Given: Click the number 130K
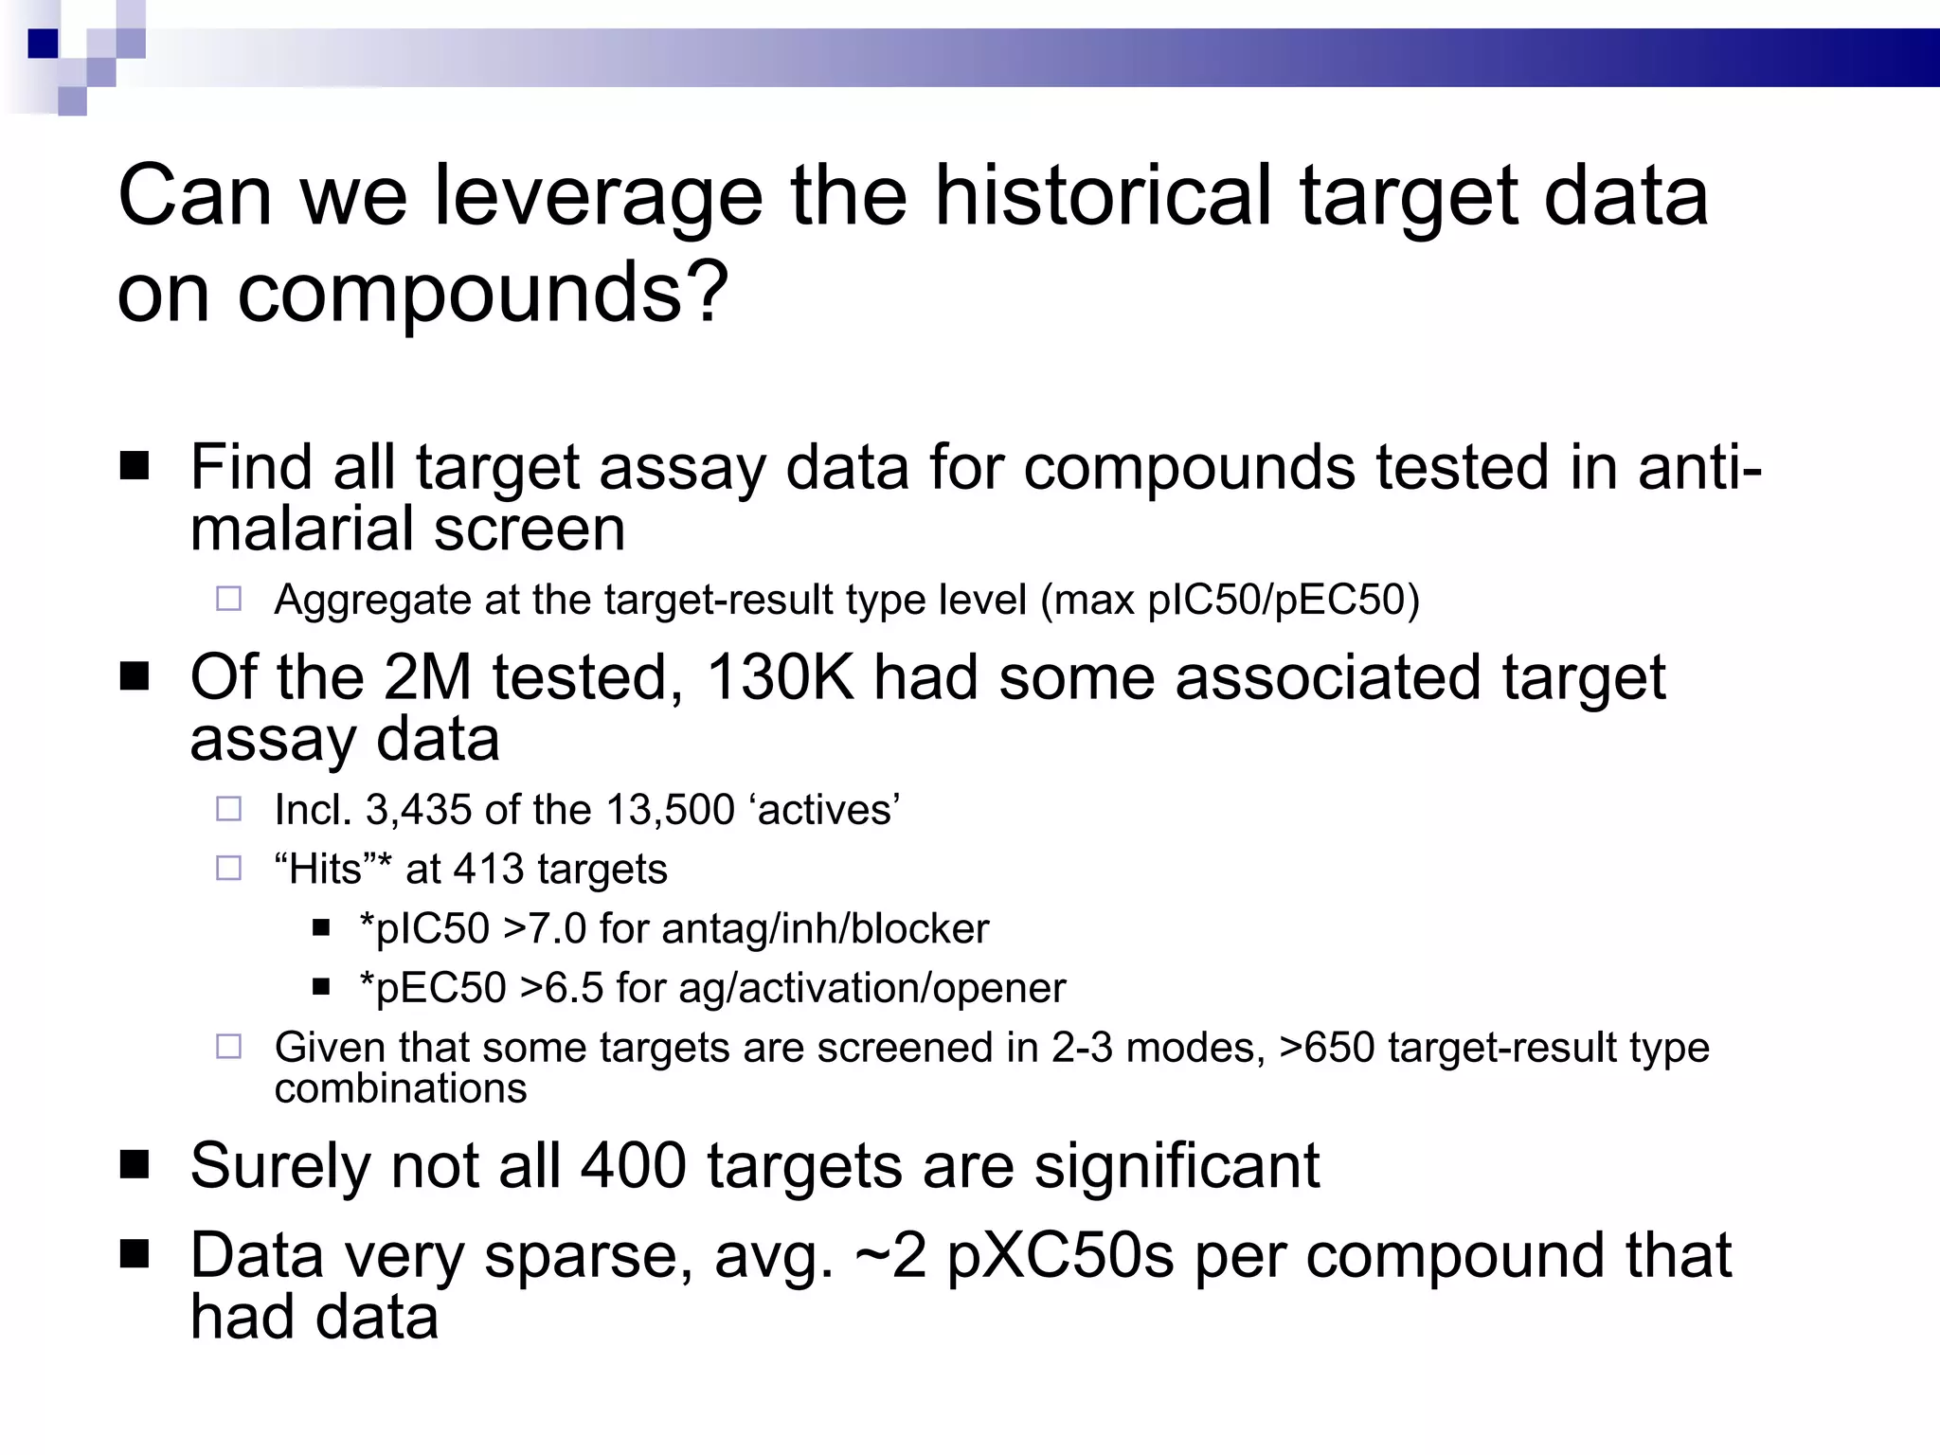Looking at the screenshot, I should pos(780,678).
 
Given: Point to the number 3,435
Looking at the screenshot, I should pos(418,810).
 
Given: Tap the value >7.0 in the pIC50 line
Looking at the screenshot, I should pos(545,928).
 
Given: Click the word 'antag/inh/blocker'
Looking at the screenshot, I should pos(825,928).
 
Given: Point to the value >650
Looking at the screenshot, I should pos(1326,1048).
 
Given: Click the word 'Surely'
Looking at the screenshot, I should pos(280,1166).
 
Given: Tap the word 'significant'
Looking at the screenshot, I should pos(1177,1165).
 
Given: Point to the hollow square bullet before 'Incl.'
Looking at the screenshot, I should pos(229,809).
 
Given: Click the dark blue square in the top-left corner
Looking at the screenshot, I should pos(44,44).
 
